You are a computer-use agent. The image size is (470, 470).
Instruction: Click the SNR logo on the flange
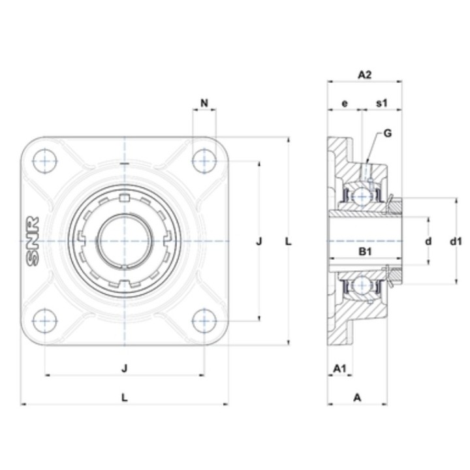click(33, 242)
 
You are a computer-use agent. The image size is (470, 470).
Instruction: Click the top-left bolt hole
click(45, 161)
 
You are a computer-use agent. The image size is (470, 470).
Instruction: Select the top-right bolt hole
click(204, 161)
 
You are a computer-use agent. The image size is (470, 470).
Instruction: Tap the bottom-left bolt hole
click(45, 321)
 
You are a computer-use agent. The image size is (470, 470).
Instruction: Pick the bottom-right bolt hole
click(204, 321)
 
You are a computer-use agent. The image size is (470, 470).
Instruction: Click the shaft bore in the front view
click(125, 241)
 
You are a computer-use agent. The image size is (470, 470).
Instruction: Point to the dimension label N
click(204, 103)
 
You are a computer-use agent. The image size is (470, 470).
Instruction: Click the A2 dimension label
click(364, 74)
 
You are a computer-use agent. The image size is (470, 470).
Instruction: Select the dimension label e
click(345, 103)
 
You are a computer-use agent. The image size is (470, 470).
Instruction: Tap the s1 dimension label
click(382, 103)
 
